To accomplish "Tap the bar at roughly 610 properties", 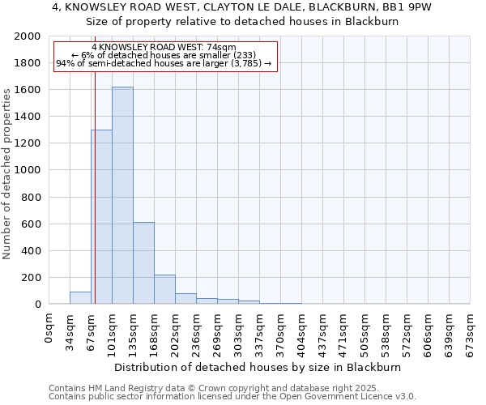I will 143,263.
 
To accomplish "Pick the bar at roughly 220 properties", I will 164,289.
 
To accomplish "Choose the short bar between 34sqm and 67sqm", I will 80,298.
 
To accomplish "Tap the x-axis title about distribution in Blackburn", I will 258,367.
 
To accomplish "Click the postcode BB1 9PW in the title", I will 408,7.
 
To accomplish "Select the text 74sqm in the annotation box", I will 219,48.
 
